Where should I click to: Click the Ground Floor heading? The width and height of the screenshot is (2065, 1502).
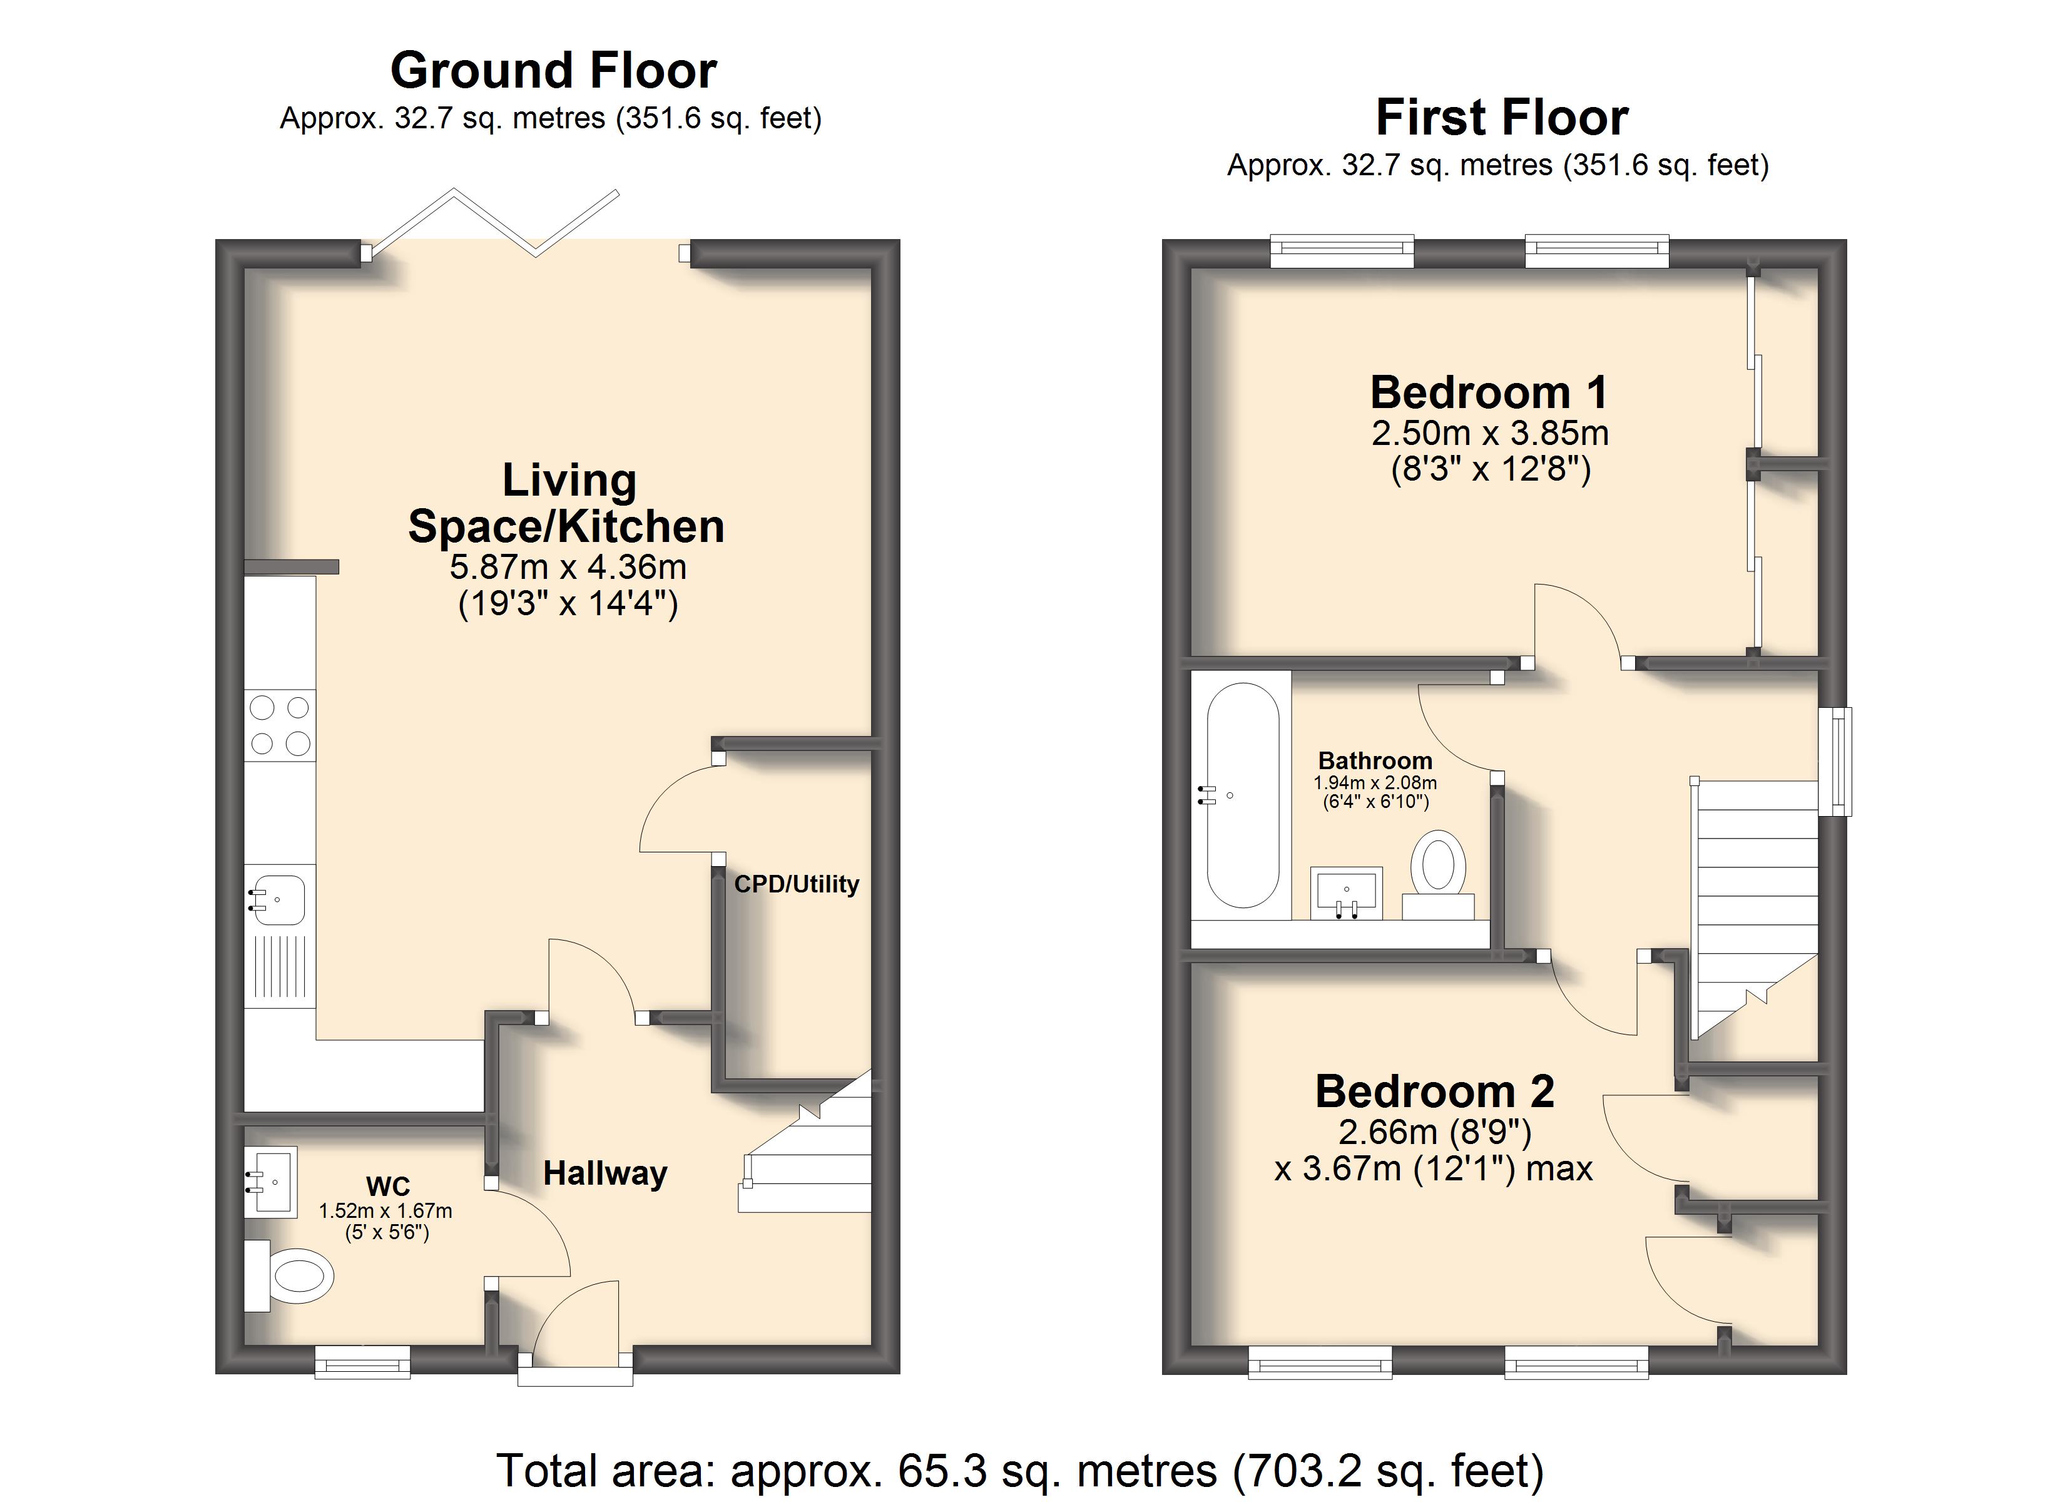coord(554,70)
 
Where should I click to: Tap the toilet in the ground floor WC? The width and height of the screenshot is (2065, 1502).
coord(290,1275)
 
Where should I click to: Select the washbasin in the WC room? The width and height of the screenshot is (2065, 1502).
coord(272,1182)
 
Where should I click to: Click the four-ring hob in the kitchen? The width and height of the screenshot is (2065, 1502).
coord(280,725)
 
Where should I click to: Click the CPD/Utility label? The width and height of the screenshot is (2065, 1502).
coord(797,884)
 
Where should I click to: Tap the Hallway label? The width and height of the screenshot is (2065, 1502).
coord(606,1173)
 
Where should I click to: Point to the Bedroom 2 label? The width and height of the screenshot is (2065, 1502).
coord(1435,1091)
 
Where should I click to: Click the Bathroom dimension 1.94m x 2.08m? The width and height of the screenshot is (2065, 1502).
coord(1375,782)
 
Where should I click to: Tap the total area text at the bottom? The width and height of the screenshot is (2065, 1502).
coord(1020,1471)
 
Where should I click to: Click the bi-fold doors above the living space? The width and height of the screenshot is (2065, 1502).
coord(492,224)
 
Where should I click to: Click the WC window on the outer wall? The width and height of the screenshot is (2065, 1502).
coord(362,1364)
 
